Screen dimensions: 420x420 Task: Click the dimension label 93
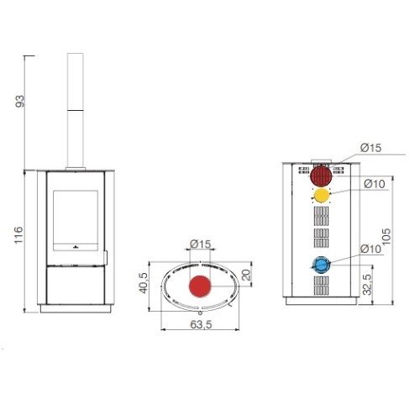click(x=20, y=102)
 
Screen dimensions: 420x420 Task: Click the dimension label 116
click(x=18, y=235)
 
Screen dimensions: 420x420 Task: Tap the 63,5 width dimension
click(x=201, y=324)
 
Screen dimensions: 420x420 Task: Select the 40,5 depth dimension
click(x=144, y=283)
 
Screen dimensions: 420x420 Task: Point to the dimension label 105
click(x=386, y=237)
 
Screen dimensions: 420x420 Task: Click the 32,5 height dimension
click(x=367, y=285)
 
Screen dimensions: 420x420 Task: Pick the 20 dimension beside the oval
click(x=245, y=275)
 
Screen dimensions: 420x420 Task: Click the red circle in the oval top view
click(x=200, y=286)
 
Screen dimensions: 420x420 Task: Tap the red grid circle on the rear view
click(x=322, y=176)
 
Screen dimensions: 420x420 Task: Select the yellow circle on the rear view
click(x=322, y=196)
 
